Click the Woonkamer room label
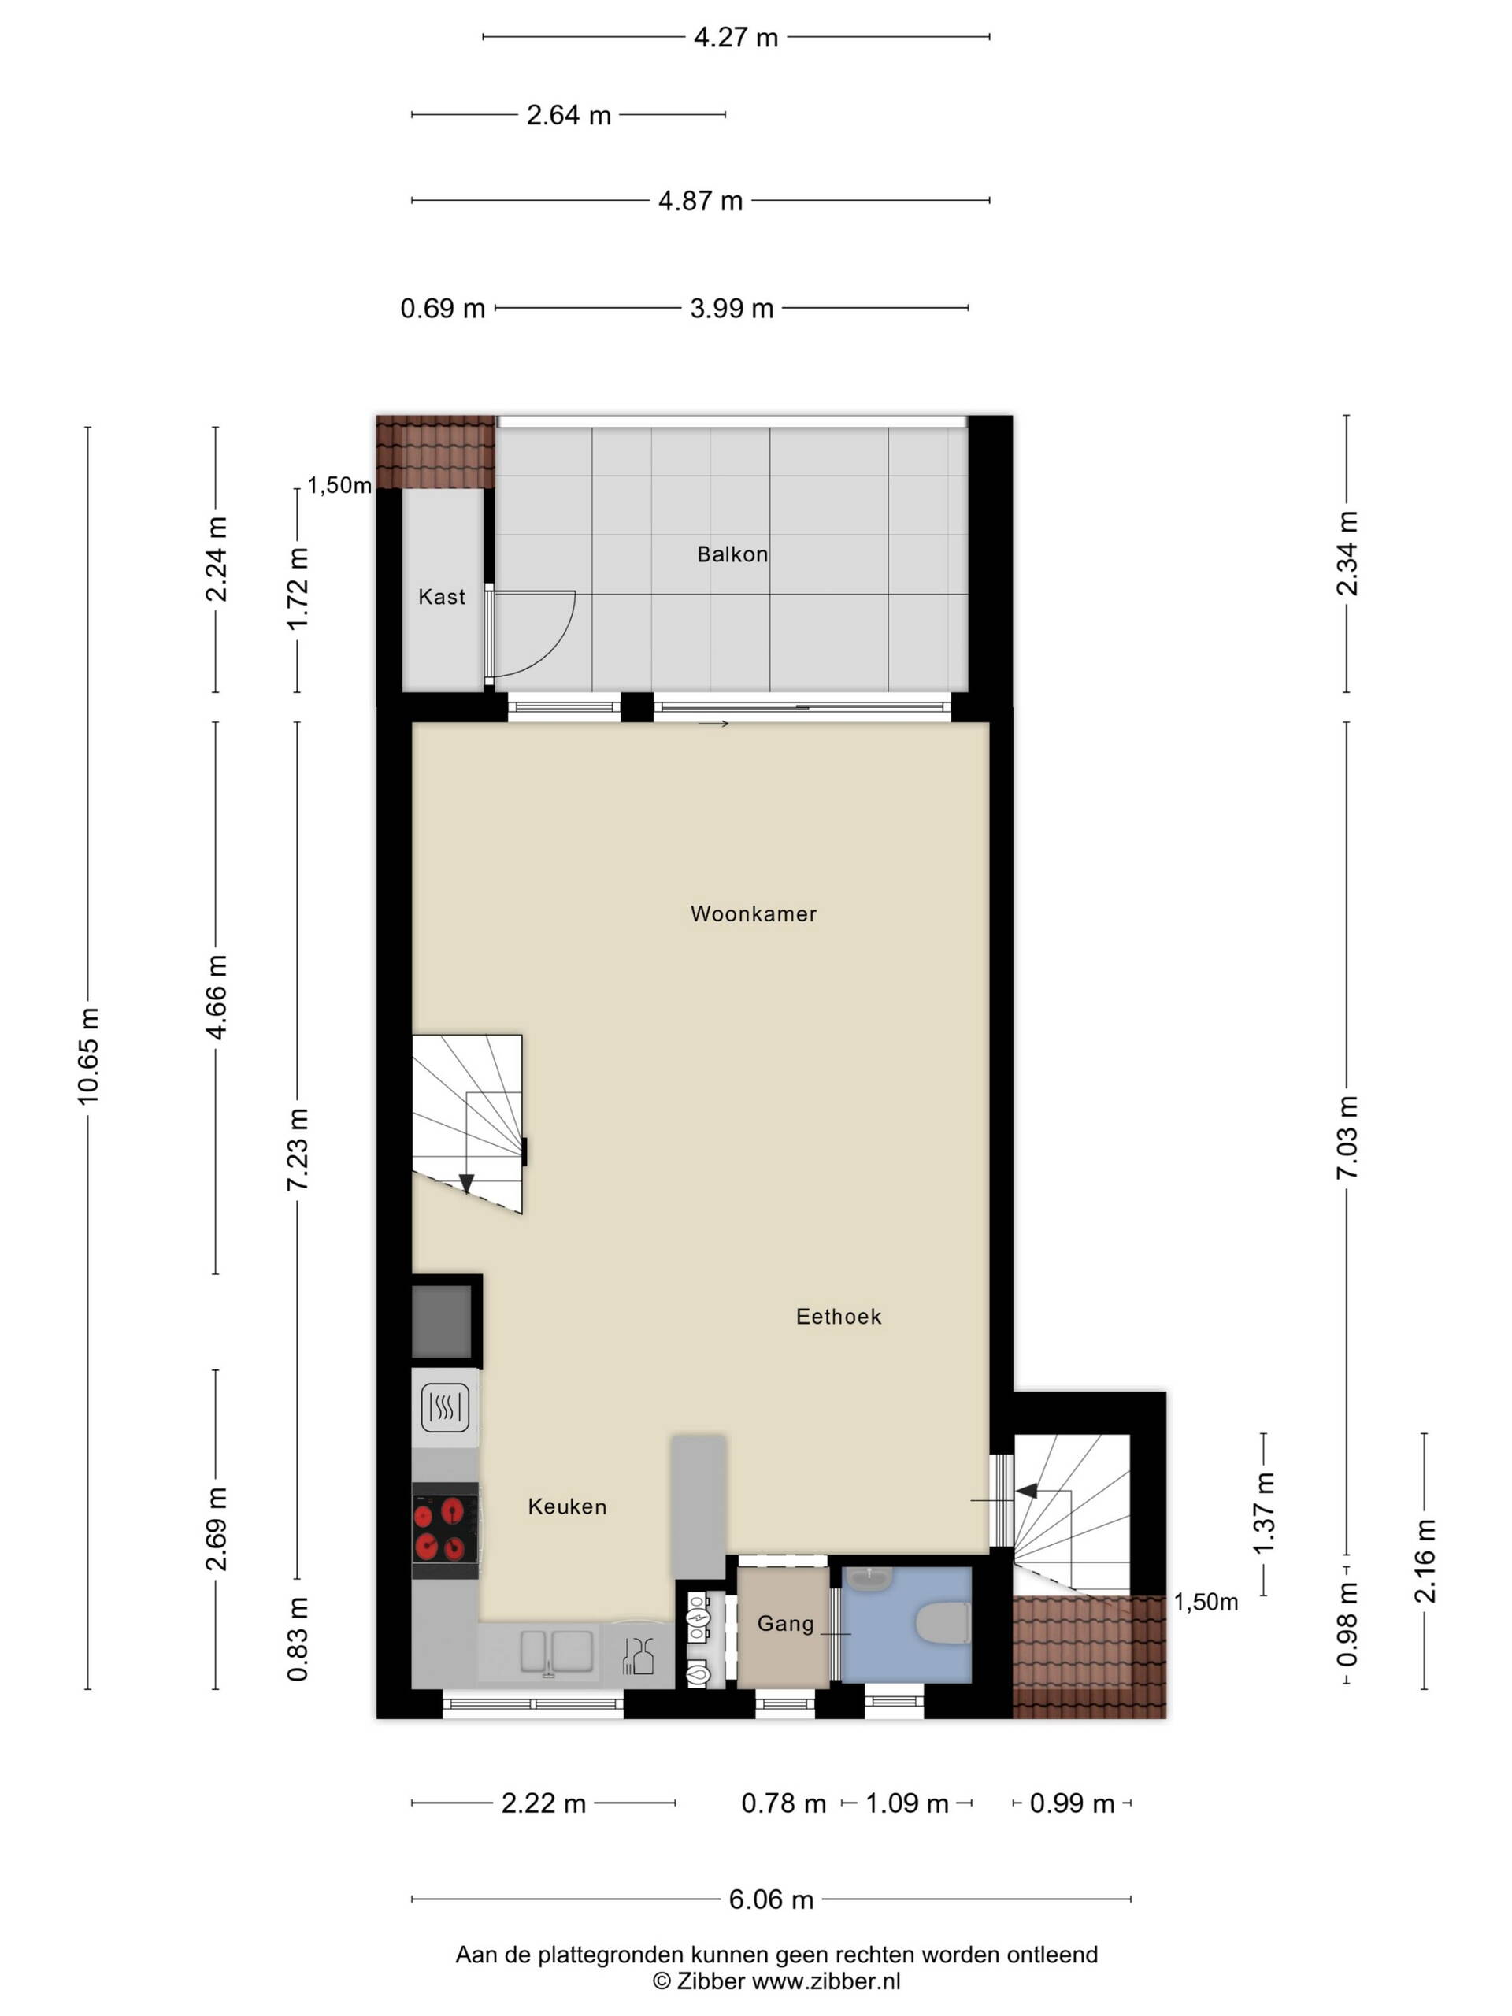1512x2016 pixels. click(753, 914)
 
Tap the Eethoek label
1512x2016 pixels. click(839, 1316)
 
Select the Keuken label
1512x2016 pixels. click(567, 1506)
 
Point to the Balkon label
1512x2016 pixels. click(732, 554)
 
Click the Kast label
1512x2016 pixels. click(441, 597)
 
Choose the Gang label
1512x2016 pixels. click(784, 1623)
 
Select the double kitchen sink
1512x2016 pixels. click(556, 1651)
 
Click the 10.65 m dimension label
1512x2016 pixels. click(88, 1056)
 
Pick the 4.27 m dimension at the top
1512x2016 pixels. click(736, 37)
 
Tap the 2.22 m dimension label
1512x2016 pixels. click(543, 1803)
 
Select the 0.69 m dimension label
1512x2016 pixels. click(442, 309)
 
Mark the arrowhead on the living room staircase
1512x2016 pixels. click(465, 1183)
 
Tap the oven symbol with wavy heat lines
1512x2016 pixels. click(445, 1407)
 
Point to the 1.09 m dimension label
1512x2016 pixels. click(907, 1803)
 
